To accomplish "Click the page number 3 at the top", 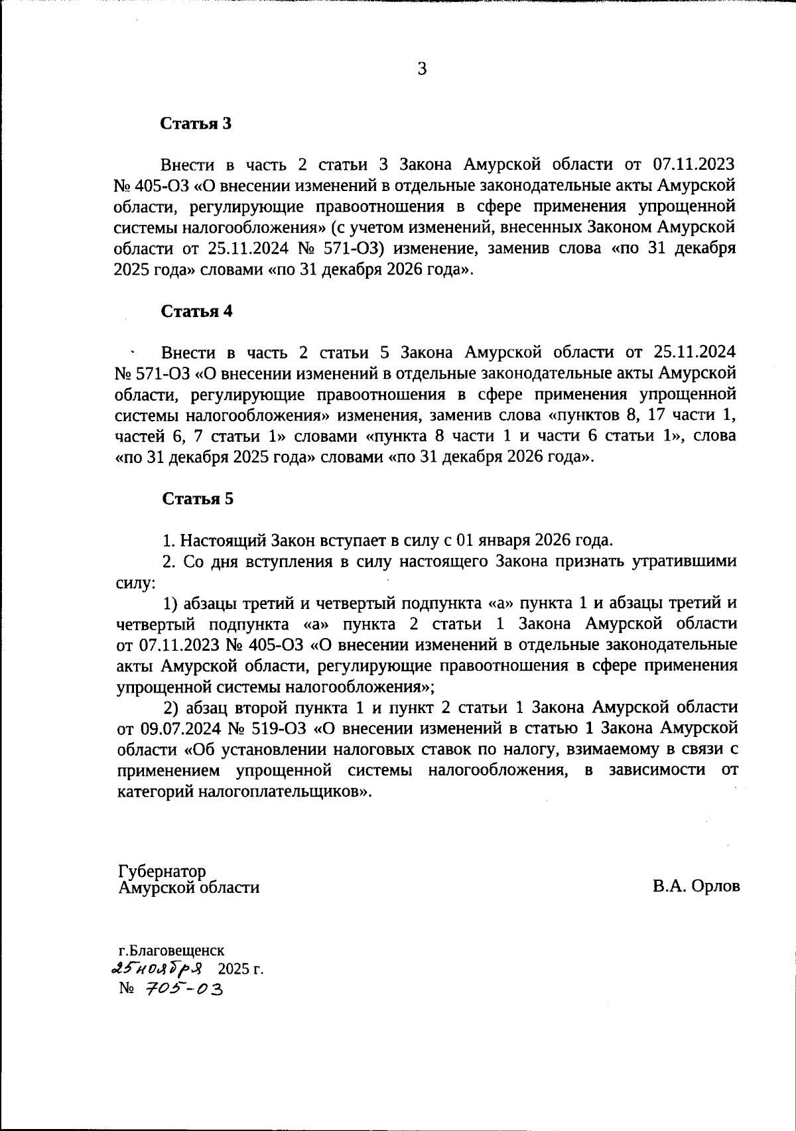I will [x=422, y=69].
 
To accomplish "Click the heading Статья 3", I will [x=197, y=123].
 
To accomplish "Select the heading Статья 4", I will [x=197, y=311].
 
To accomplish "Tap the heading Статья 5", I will [x=198, y=499].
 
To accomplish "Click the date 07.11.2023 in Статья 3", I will [x=695, y=164].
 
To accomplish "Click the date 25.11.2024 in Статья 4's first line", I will [x=695, y=352].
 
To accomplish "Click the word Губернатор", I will [x=162, y=871].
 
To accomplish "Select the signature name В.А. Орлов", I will [x=696, y=886].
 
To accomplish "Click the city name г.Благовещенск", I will [x=171, y=951].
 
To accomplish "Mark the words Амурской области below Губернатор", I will [x=188, y=888].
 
